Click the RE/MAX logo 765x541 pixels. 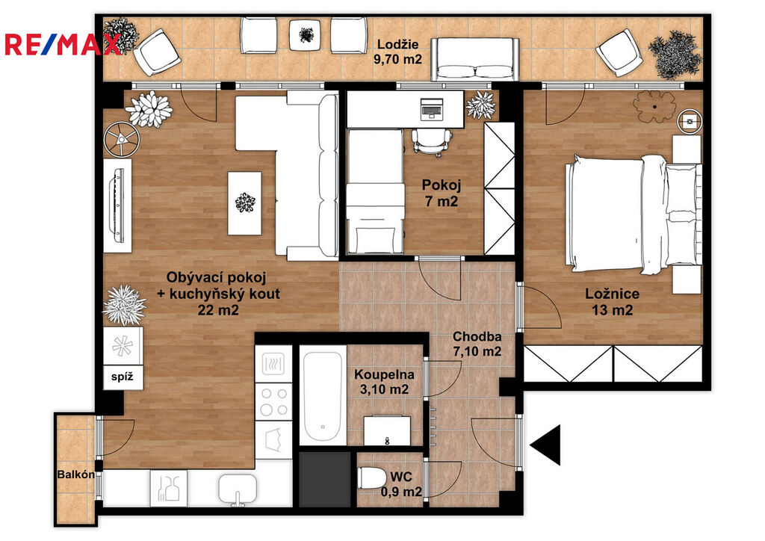(x=63, y=44)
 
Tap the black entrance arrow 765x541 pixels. (x=545, y=445)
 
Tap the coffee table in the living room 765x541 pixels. (x=244, y=203)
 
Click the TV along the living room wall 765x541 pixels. (x=117, y=205)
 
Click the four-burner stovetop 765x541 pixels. (x=273, y=401)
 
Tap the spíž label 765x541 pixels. (x=122, y=377)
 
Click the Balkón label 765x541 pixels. (x=76, y=474)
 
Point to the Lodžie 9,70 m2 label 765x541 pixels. (x=397, y=52)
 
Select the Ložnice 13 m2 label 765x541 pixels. (x=613, y=301)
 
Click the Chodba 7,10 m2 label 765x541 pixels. (x=477, y=344)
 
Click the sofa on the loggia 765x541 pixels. (x=474, y=60)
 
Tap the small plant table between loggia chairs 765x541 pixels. (x=306, y=34)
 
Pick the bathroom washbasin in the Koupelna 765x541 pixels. (x=388, y=430)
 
